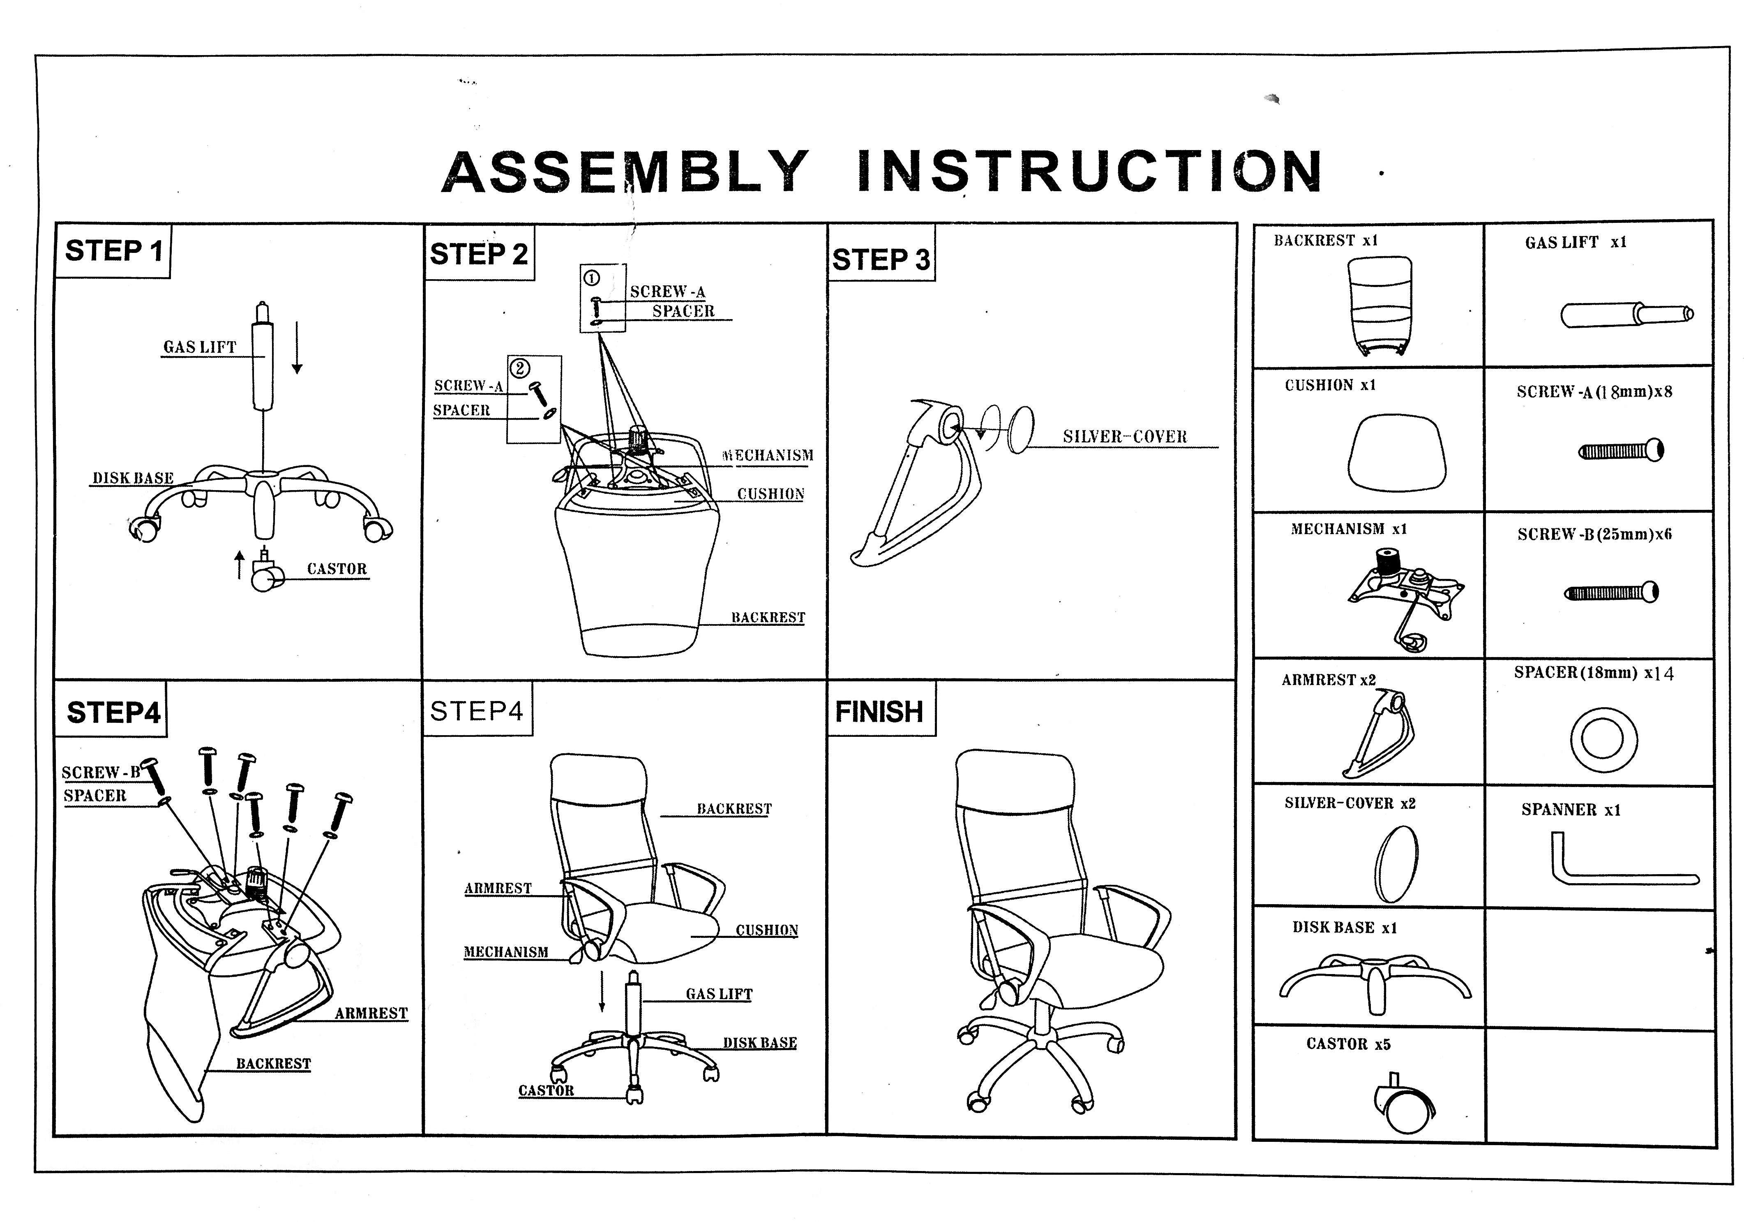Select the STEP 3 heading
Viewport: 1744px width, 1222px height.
[x=881, y=259]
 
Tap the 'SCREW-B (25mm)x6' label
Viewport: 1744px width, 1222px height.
[x=1594, y=534]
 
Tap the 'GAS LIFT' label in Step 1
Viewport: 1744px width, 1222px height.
[x=200, y=347]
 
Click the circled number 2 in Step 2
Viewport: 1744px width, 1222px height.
[x=519, y=368]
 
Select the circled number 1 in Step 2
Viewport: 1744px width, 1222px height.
[x=591, y=278]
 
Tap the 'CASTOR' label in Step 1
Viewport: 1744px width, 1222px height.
[x=337, y=569]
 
